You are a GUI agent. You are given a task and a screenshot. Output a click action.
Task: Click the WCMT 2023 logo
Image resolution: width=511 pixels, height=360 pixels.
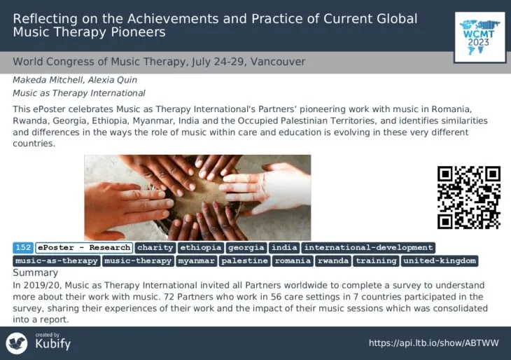coord(479,37)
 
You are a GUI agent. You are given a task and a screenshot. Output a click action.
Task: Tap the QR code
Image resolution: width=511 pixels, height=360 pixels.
coord(469,198)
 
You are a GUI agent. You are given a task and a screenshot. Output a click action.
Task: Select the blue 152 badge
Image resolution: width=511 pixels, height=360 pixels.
coord(23,247)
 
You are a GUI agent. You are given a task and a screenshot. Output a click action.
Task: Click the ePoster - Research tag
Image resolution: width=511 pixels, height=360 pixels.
coord(84,247)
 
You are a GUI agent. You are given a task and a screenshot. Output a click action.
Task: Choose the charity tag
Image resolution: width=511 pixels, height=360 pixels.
coord(155,247)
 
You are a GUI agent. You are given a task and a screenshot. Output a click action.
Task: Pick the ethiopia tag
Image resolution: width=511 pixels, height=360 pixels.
coord(201,247)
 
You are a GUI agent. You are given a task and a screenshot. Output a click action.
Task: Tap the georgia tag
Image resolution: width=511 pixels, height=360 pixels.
coord(246,247)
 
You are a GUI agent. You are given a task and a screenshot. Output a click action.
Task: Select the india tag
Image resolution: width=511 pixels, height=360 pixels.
coord(284,247)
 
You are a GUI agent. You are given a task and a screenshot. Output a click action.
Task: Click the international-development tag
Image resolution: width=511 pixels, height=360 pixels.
coord(369,247)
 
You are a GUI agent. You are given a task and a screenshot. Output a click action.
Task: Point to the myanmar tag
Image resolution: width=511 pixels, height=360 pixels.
coord(197,261)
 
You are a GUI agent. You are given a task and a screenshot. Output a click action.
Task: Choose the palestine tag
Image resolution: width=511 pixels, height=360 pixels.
coord(245,261)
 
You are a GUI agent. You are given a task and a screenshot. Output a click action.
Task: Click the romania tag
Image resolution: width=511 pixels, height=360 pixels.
coord(293,261)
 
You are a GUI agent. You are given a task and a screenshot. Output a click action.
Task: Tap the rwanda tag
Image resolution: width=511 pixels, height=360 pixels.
coord(333,261)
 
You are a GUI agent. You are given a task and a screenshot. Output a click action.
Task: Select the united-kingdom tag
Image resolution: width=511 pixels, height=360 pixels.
coord(440,261)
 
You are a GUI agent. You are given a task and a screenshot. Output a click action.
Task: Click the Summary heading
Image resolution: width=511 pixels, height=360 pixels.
coord(36,272)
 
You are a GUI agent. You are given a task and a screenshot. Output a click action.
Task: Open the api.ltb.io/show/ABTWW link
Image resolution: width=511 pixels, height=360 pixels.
coord(434,343)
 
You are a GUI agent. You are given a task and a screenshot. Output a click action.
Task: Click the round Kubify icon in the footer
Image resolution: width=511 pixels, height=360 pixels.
coord(17,343)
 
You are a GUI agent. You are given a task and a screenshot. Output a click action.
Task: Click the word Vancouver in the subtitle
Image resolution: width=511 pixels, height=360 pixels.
coord(278,62)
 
